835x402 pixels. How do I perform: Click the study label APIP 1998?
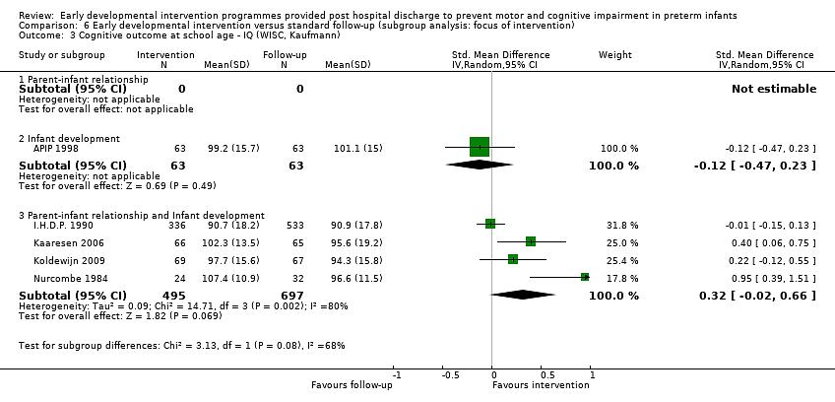[x=53, y=149]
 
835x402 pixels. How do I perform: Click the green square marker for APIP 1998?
[x=480, y=148]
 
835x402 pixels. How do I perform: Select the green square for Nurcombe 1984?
[x=585, y=278]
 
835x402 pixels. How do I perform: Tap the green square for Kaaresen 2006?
[x=531, y=241]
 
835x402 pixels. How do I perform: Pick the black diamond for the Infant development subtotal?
[x=480, y=165]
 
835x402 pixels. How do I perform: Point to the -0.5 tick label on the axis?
[x=450, y=375]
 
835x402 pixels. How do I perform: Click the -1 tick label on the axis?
[x=397, y=375]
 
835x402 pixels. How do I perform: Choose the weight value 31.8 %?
[x=619, y=224]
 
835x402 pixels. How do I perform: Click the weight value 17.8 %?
[x=619, y=279]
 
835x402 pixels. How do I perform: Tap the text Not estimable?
[x=773, y=89]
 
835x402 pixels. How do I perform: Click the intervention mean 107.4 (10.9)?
[x=233, y=279]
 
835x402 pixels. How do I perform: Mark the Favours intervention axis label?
[x=541, y=385]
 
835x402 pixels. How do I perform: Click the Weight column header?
[x=615, y=55]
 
